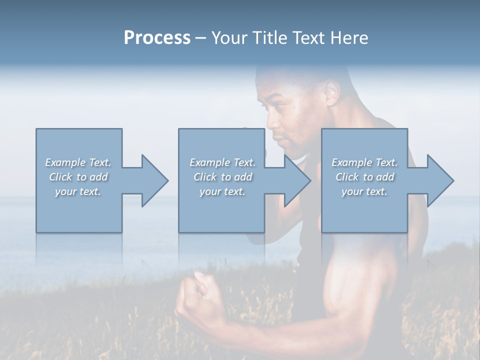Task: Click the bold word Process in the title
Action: pos(157,38)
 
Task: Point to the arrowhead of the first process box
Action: pos(155,180)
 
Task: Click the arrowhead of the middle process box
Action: pos(298,180)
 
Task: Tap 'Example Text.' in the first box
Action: pos(78,162)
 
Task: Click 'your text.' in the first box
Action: pos(78,191)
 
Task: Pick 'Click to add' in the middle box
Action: pos(222,177)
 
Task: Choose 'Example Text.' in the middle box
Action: pos(222,162)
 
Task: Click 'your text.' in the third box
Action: pos(364,191)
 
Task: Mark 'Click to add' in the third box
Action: pos(364,177)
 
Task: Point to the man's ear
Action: pos(331,93)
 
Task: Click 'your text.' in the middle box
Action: pos(222,191)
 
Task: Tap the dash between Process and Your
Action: pos(201,38)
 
